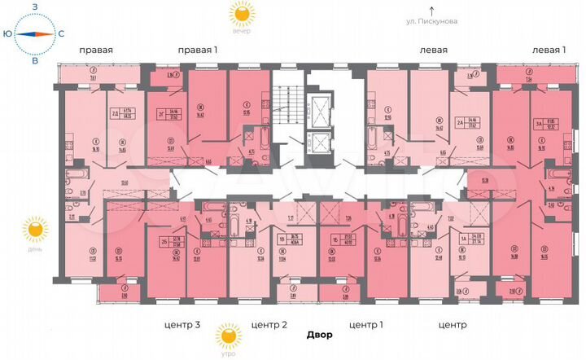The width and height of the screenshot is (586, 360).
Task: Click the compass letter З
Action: (x=34, y=7)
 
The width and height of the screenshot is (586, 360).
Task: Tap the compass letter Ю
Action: (x=7, y=33)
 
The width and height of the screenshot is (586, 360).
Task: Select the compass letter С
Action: (x=61, y=33)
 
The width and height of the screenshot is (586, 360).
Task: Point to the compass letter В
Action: (x=34, y=60)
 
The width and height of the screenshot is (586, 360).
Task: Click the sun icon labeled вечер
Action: (x=241, y=12)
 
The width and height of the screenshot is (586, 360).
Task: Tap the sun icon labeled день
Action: (x=35, y=230)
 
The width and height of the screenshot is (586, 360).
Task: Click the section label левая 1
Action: (x=549, y=50)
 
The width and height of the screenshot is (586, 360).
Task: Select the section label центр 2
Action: (x=269, y=325)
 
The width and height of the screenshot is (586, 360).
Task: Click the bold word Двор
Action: (x=320, y=335)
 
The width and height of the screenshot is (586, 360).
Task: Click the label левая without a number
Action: (x=434, y=50)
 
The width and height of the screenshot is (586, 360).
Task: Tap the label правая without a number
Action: (x=95, y=50)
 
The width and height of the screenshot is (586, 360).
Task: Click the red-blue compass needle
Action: (x=34, y=33)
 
